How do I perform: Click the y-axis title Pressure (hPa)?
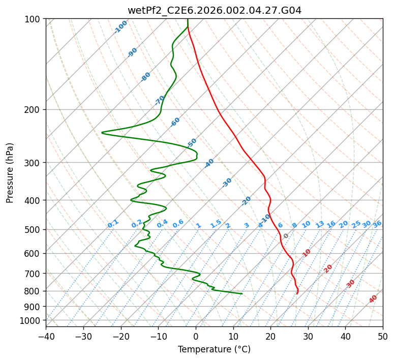coord(10,172)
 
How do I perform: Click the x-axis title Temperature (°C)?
coord(214,349)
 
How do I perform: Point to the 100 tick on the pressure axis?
coord(34,19)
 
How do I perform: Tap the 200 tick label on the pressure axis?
coord(34,110)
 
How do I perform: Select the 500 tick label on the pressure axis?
coord(34,230)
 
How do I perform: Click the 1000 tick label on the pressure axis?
coord(32,321)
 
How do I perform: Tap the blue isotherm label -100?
coord(120,26)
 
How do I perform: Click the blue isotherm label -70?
coord(160,100)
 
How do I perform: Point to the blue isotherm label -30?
coord(227,182)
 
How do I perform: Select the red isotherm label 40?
coord(373,299)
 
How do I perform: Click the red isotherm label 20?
coord(328,268)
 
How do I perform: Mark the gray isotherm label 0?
coord(286,236)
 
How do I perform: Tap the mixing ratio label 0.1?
coord(113,223)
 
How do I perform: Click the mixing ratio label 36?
coord(377,224)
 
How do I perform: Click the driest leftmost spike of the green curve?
coord(102,133)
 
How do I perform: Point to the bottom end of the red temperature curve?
coord(297,293)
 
